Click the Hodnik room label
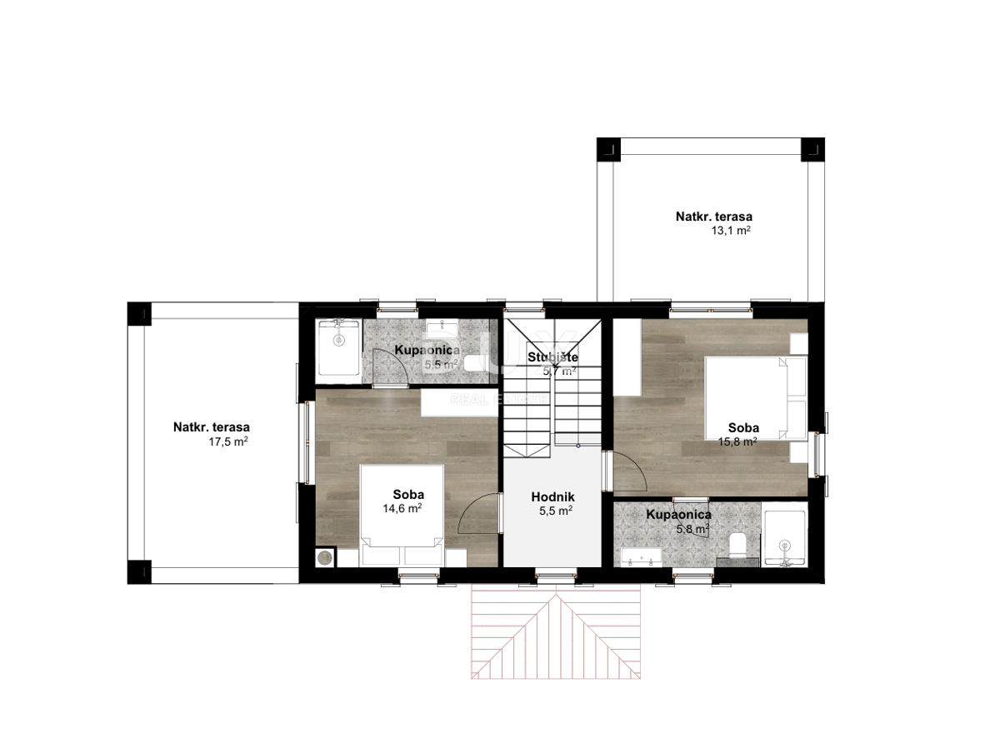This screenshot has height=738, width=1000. click(x=552, y=496)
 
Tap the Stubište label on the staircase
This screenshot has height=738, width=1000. click(x=552, y=357)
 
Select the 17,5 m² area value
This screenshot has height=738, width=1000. click(x=227, y=441)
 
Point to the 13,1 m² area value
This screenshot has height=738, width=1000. click(x=730, y=231)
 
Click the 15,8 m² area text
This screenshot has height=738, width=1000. click(x=737, y=441)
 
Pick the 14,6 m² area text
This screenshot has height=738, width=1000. click(x=402, y=509)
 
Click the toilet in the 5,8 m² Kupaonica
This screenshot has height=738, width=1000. click(x=737, y=545)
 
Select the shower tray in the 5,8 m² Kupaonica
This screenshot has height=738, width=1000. click(x=784, y=538)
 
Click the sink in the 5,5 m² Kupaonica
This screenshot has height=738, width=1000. click(x=442, y=329)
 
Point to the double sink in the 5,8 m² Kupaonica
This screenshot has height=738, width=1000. click(x=641, y=557)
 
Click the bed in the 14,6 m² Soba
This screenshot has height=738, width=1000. click(x=402, y=516)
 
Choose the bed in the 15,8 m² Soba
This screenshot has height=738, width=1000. click(x=756, y=398)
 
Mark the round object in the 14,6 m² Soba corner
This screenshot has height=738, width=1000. click(x=325, y=558)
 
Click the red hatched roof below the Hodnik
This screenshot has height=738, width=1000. click(x=556, y=638)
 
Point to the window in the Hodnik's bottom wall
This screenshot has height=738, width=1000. click(x=556, y=576)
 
